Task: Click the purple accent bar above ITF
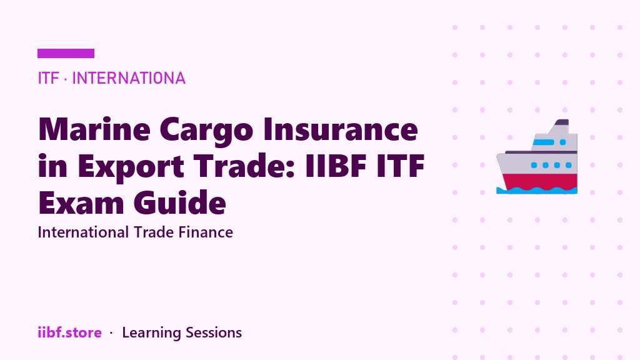coord(66,54)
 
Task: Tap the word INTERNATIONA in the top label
coord(129,78)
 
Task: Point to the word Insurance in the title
coord(341,129)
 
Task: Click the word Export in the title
coord(131,167)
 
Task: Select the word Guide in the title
coord(179,202)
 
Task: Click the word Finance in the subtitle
coord(206,232)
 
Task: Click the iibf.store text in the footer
coord(70,332)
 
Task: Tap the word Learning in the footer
coord(151,333)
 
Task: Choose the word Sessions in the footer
coord(214,332)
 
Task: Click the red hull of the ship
coord(539,182)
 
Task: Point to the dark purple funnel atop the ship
coord(562,122)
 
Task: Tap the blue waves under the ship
coord(537,190)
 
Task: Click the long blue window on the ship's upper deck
coord(543,142)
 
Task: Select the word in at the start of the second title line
coord(52,166)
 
